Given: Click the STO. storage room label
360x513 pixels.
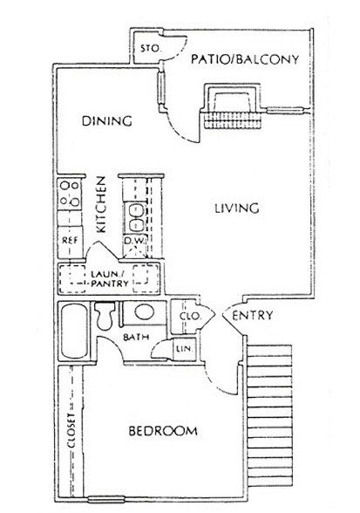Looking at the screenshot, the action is coord(151,49).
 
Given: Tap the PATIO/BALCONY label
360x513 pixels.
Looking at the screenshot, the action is coord(245,59).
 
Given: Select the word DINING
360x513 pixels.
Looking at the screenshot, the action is coord(107,120).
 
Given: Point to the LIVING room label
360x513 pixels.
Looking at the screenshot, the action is coord(237,208).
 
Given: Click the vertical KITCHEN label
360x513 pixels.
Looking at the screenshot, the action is coord(101,205).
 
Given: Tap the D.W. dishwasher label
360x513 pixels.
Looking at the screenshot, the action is coord(134,241).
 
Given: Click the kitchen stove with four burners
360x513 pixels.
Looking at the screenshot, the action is coord(70,195).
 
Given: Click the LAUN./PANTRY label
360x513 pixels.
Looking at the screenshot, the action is coord(110,278).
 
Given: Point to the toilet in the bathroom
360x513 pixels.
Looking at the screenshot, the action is coord(105,316).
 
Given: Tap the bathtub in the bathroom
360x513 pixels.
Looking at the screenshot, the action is coord(75,332).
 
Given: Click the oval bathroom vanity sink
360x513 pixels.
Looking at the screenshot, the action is coord(144,312).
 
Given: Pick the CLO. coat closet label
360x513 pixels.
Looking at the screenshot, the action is coord(190,317).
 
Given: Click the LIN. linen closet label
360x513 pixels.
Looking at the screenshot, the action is coord(185,349).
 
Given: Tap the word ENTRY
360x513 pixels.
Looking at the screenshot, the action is coord(252,316).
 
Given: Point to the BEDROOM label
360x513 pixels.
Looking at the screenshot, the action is coord(163,431).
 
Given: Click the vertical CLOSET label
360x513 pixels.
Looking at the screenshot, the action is coord(71,430).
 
